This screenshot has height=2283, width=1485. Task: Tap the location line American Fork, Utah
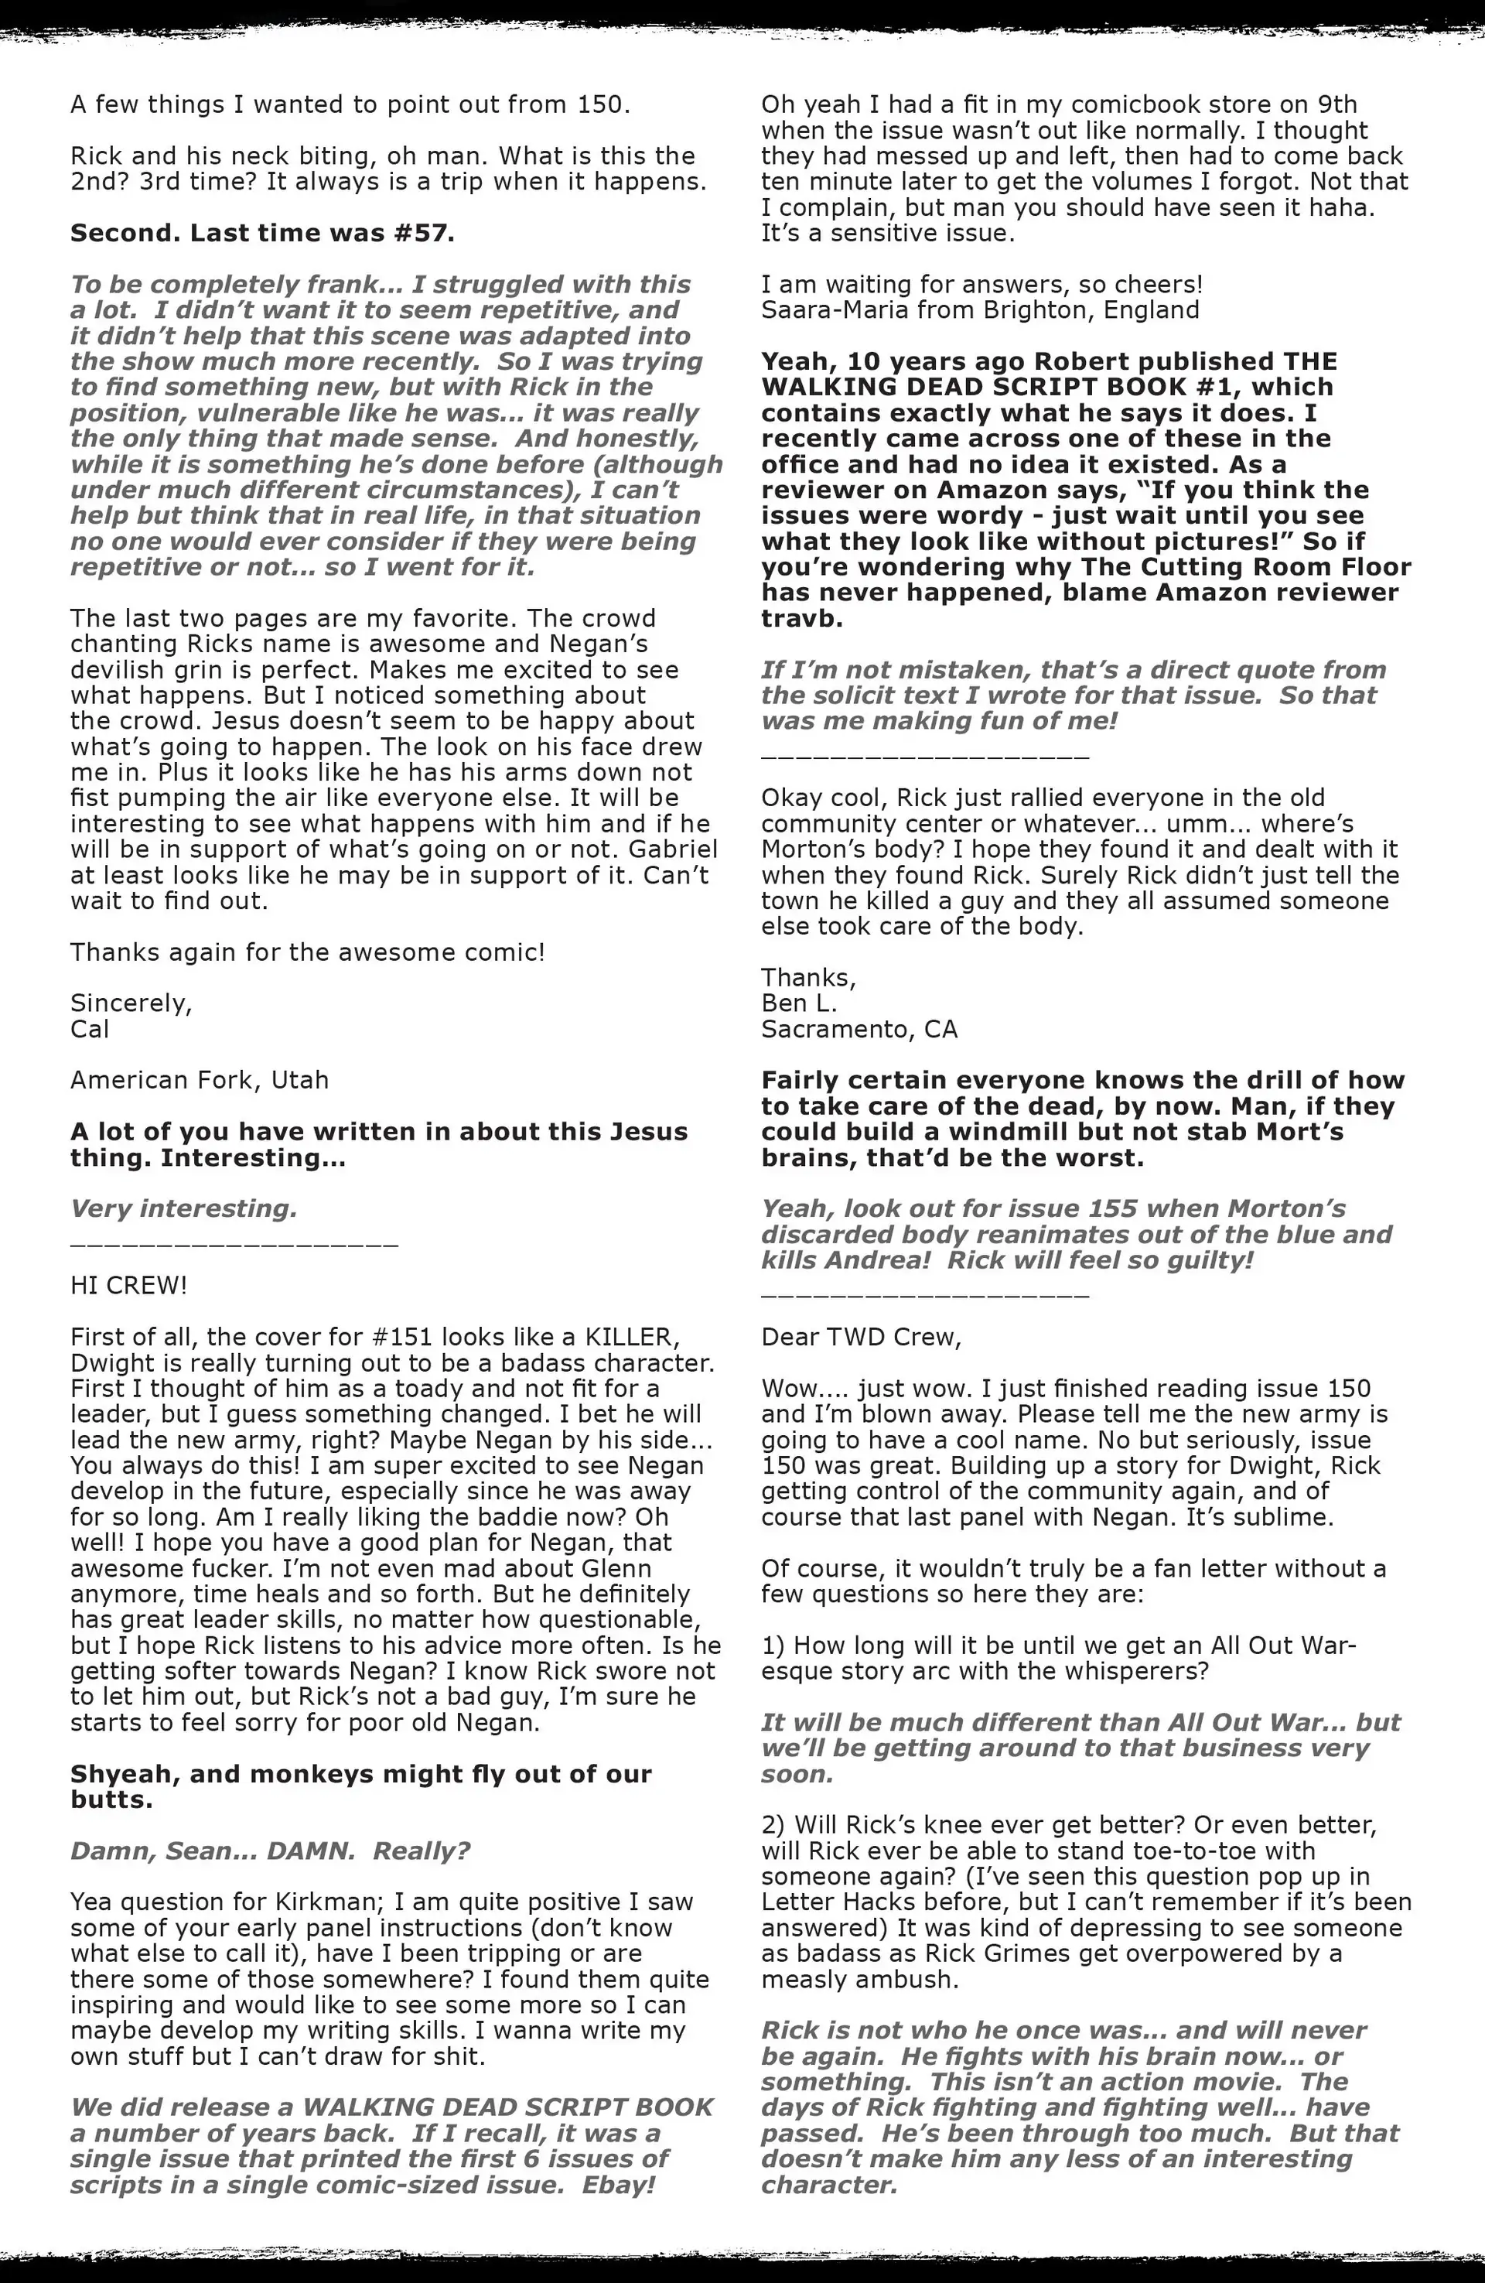[200, 1080]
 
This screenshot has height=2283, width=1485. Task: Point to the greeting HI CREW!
[128, 1285]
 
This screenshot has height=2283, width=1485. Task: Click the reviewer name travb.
[801, 618]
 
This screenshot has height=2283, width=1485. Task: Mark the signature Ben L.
[799, 1003]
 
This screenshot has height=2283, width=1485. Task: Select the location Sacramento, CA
[859, 1029]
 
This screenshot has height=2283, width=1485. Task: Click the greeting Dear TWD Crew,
[861, 1337]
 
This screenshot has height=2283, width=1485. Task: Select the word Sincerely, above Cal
[131, 1003]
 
